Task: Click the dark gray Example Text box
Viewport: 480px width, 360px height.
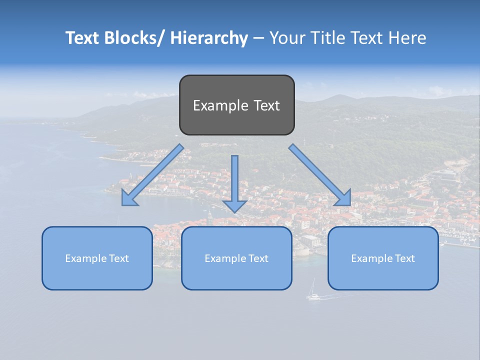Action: tap(236, 105)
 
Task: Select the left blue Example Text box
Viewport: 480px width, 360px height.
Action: tap(97, 258)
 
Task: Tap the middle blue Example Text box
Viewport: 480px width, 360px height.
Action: tap(236, 258)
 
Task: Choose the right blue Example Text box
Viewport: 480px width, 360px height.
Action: tap(383, 258)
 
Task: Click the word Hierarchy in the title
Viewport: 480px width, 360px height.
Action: tap(209, 38)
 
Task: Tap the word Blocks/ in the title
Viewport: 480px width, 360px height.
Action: tap(134, 38)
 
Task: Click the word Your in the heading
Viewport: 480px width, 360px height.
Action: tap(287, 38)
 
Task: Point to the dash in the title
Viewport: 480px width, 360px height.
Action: tap(258, 38)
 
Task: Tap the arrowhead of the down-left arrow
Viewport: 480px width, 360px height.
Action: tap(129, 199)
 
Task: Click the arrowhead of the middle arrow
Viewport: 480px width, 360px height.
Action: tap(235, 205)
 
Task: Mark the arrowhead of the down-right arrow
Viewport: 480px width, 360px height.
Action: tap(343, 198)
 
